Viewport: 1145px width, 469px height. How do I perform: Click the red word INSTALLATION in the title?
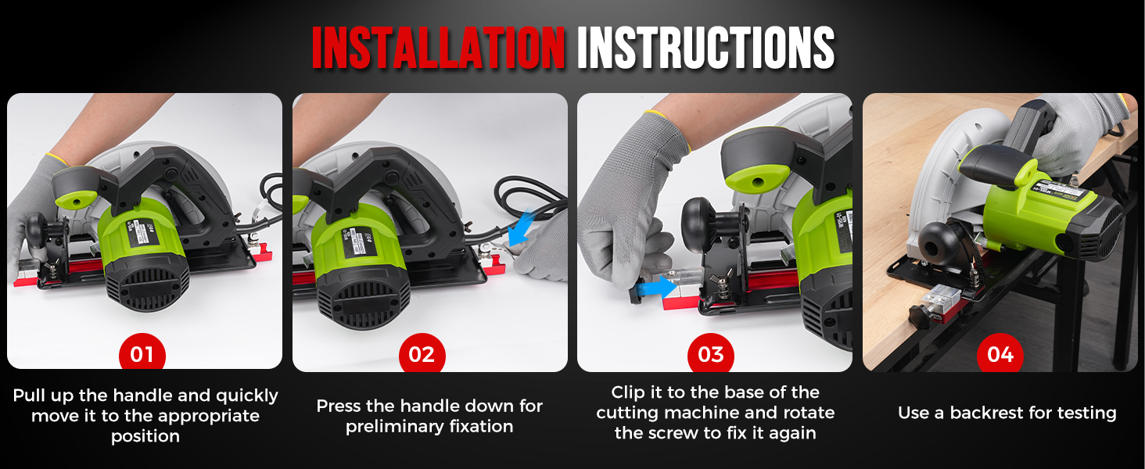pyautogui.click(x=438, y=49)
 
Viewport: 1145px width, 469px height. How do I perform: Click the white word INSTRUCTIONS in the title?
pyautogui.click(x=705, y=49)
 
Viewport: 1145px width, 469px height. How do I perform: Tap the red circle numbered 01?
pyautogui.click(x=142, y=355)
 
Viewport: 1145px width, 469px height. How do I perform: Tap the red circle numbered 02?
pyautogui.click(x=422, y=355)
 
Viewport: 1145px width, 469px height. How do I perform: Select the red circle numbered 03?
pyautogui.click(x=710, y=355)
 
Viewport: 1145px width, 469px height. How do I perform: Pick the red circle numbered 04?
pyautogui.click(x=1000, y=355)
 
